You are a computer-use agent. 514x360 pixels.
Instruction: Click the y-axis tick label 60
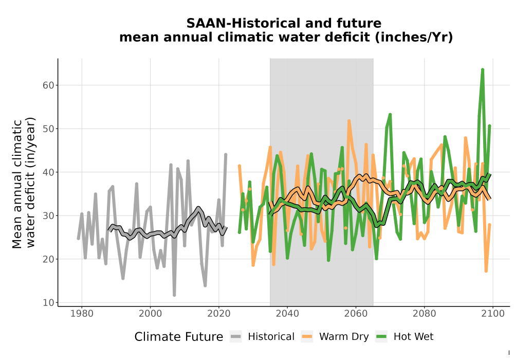click(x=48, y=85)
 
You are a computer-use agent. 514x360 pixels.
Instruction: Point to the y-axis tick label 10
click(x=48, y=302)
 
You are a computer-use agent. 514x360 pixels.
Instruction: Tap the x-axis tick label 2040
click(x=287, y=314)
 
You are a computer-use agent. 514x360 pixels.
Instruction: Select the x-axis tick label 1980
click(x=82, y=314)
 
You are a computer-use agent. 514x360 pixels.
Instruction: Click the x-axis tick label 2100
click(x=493, y=314)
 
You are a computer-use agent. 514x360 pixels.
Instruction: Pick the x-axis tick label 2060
click(x=356, y=314)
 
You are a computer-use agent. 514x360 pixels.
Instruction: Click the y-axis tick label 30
click(x=48, y=215)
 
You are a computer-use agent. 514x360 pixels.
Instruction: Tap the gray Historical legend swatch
click(x=236, y=337)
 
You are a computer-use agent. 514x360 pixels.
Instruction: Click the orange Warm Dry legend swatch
click(x=307, y=337)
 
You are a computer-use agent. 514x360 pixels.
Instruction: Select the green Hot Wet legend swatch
click(x=381, y=337)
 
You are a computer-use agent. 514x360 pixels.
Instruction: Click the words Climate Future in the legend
click(x=179, y=337)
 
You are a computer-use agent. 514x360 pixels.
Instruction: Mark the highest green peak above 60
click(x=483, y=69)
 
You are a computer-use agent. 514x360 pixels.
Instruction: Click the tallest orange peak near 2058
click(x=349, y=121)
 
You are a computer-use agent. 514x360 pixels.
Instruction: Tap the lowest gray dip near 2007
click(x=174, y=295)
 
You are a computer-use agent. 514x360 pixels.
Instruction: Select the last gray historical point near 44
click(x=226, y=154)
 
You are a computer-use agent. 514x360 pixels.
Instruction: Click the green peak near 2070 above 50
click(x=390, y=114)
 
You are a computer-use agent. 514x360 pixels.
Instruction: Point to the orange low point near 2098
click(x=486, y=271)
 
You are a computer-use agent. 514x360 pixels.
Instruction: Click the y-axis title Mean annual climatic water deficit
click(x=23, y=183)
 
